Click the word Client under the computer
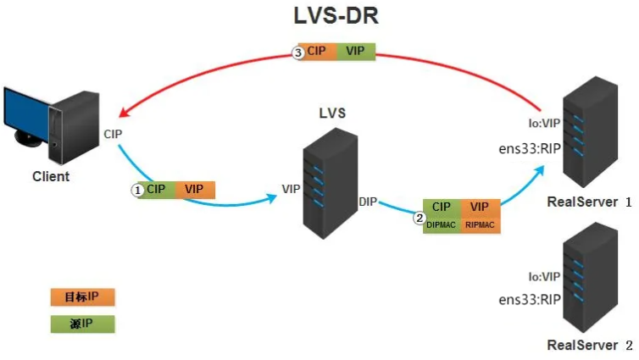[x=50, y=176]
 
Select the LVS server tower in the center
[x=328, y=181]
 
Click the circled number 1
[x=136, y=190]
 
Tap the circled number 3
[x=297, y=53]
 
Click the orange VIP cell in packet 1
[x=193, y=189]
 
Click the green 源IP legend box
[x=81, y=324]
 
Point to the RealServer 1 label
[x=589, y=202]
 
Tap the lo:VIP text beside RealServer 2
[x=543, y=277]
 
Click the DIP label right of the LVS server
[x=368, y=201]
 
